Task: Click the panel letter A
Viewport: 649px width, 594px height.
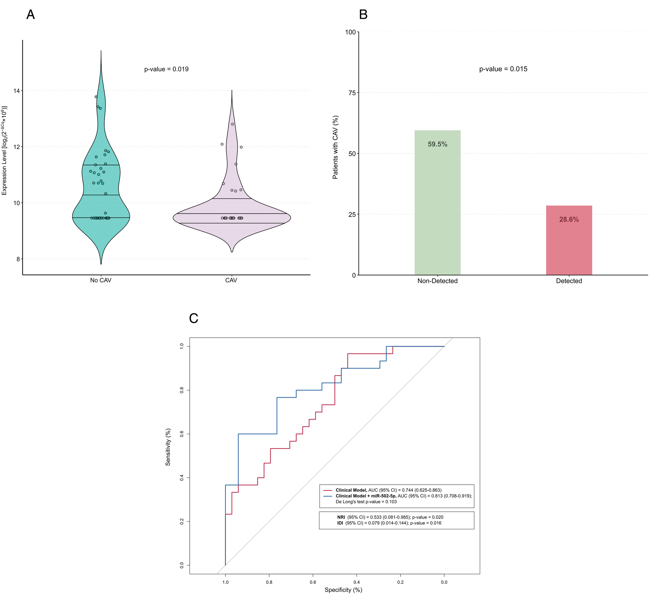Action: pos(31,14)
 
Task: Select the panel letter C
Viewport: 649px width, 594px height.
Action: pos(194,318)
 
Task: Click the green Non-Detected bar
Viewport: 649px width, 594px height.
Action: pos(437,203)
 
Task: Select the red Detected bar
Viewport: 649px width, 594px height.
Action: pos(569,240)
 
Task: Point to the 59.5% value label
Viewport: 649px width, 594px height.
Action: pos(437,144)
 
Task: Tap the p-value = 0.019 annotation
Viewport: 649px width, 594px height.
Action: pos(166,69)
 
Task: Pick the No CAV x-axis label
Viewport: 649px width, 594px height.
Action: pos(101,280)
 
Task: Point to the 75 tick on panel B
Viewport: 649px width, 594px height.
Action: pos(352,93)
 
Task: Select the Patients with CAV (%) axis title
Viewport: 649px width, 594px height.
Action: pos(335,147)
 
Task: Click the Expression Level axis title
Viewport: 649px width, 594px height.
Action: pos(4,150)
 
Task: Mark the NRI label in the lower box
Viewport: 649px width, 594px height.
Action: pos(341,517)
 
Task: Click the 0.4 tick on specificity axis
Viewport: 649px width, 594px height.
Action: pos(356,582)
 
